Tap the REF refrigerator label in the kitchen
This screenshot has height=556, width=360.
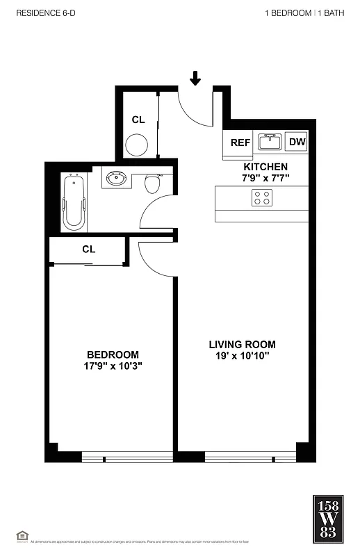pos(240,142)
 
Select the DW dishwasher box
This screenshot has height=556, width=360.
pos(297,142)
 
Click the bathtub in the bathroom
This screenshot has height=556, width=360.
pos(74,203)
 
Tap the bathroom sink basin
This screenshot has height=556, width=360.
pos(115,179)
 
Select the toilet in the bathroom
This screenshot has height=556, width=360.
pos(152,183)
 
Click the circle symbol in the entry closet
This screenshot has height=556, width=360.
pos(136,145)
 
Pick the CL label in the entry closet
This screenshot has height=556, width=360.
pos(138,120)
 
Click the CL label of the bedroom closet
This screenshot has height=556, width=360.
pos(88,249)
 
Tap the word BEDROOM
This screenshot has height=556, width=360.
pos(113,354)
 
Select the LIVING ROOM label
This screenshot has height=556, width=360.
pos(243,344)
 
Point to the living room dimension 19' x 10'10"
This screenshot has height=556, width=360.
pos(243,356)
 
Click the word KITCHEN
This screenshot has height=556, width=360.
pos(265,167)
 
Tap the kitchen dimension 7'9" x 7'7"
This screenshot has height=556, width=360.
pos(265,178)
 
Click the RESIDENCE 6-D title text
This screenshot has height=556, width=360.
pos(42,13)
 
